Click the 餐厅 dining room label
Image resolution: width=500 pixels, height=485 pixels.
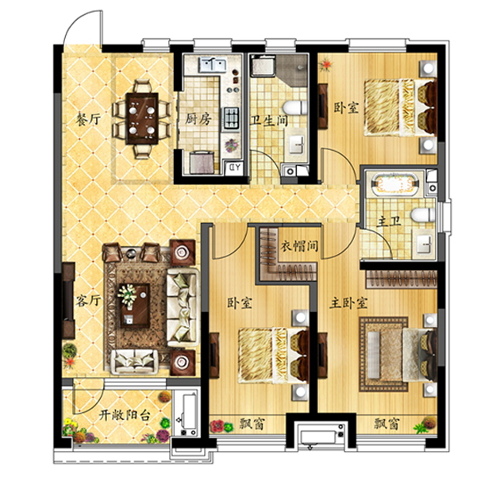point(88,119)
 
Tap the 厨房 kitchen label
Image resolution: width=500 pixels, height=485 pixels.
point(198,119)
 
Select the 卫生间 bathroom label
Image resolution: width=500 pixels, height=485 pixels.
point(270,121)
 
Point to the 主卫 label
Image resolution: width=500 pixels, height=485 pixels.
point(389,221)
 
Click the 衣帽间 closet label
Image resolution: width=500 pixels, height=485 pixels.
point(299,246)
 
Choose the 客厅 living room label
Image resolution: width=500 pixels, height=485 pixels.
point(88,300)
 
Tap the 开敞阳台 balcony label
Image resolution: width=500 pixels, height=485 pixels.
point(124,415)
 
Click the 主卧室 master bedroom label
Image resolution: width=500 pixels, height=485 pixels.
point(348,303)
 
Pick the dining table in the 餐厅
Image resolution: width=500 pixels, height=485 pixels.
point(142,118)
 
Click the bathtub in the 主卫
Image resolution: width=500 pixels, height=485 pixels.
point(395,184)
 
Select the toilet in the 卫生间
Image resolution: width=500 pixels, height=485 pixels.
point(295,107)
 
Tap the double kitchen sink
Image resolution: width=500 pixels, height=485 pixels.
point(213,65)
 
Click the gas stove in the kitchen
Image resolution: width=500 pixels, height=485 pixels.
point(231,118)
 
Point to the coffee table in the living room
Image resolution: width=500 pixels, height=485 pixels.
point(135,306)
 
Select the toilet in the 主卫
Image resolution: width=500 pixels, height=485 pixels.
point(423,215)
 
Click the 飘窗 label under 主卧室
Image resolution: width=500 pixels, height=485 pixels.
point(387,424)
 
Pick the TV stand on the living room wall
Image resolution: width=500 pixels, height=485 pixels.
point(68,300)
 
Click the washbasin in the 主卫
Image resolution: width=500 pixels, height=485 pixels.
point(423,244)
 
